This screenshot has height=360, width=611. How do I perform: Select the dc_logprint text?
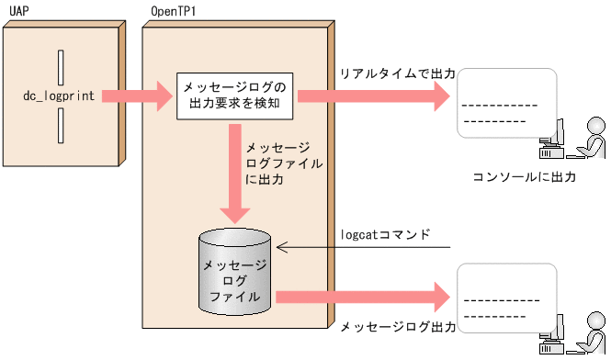tap(61, 96)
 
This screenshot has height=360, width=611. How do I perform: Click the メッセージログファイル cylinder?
tap(235, 270)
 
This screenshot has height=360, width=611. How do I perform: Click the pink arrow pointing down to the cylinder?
tap(236, 174)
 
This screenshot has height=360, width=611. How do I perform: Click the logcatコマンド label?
tap(385, 233)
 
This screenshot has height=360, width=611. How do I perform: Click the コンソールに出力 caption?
tap(524, 176)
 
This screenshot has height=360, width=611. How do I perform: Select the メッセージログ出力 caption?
tap(397, 327)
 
